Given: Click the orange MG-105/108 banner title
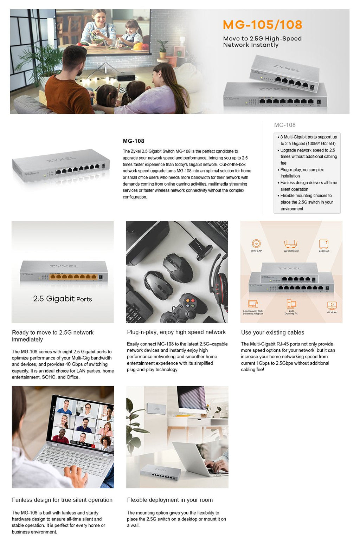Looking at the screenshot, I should [x=262, y=25].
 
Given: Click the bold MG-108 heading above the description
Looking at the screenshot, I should [x=133, y=141].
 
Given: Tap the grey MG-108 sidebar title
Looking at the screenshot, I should [x=285, y=125].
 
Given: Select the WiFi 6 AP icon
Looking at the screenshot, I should [x=256, y=243].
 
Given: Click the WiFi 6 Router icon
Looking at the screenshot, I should [x=291, y=244].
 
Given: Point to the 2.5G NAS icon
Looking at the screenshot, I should [x=324, y=244].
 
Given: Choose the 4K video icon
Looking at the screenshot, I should [x=332, y=305].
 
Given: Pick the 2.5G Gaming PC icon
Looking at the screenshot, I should [x=291, y=304].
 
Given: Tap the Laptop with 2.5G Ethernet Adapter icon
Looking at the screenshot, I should [x=253, y=304].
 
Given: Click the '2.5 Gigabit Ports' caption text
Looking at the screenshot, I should [x=63, y=299].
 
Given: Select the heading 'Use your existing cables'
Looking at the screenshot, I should [x=272, y=332].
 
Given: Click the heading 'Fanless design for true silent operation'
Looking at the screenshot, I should [x=62, y=500].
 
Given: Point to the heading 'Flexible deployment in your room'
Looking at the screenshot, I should [x=170, y=500].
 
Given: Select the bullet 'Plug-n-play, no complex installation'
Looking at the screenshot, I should [x=302, y=173].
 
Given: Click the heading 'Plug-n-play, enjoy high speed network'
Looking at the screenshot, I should [x=176, y=332].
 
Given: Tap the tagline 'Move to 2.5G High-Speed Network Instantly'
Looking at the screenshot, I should [x=262, y=42].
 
